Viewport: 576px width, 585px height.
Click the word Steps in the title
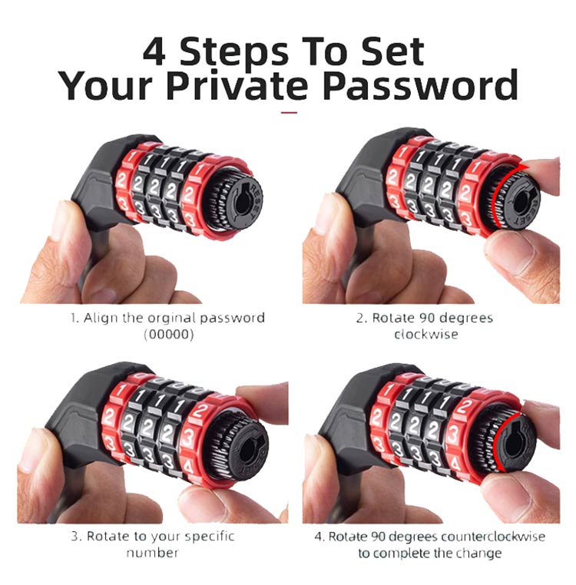click(234, 52)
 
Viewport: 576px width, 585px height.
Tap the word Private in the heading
click(237, 85)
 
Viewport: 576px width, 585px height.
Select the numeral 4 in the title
click(154, 51)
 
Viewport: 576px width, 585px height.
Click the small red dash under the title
click(289, 112)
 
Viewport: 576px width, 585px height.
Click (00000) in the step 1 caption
click(169, 334)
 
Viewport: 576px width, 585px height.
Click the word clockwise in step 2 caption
click(426, 334)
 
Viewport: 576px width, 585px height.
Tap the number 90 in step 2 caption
click(429, 319)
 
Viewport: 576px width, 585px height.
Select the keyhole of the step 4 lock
click(513, 444)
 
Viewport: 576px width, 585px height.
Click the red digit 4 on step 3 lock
click(188, 466)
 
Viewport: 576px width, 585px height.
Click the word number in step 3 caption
click(152, 553)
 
